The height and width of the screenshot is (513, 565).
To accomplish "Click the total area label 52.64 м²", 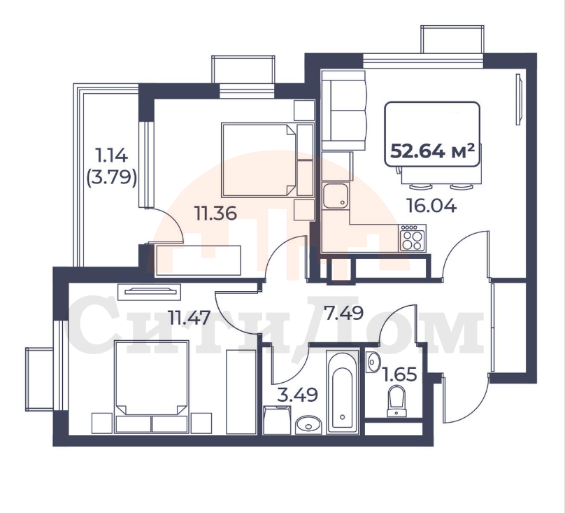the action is coord(432,151).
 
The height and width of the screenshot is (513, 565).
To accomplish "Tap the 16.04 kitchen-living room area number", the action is coord(431,206).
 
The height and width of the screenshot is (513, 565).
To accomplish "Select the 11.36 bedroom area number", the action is coord(215,213).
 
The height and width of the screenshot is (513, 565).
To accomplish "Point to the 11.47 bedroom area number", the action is coord(189,318).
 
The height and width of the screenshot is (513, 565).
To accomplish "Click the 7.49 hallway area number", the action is coord(343,312).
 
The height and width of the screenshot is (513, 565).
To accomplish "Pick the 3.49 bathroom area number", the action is coord(297,395).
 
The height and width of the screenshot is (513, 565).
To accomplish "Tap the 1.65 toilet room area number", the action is coord(399,374).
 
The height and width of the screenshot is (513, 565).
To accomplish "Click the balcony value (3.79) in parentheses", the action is coord(112,178).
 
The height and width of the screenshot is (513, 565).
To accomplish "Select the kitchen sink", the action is coord(336,196).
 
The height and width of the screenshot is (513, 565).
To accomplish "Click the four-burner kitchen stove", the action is coord(413,238).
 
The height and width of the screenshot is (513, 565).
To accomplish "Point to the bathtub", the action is coord(343,392).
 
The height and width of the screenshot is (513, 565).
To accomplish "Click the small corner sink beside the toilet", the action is coord(372,362).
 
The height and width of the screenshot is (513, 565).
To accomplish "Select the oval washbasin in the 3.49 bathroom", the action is coord(308,425).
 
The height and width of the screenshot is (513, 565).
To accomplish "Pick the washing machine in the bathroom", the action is coord(277,420).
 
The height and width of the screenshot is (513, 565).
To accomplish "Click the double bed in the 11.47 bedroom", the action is coord(152,386).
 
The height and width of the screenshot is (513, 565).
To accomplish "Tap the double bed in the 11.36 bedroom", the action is coord(268,160).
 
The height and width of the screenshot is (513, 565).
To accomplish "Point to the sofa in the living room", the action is coord(344,111).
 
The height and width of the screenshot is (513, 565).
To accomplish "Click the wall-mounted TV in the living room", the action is coord(519,99).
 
